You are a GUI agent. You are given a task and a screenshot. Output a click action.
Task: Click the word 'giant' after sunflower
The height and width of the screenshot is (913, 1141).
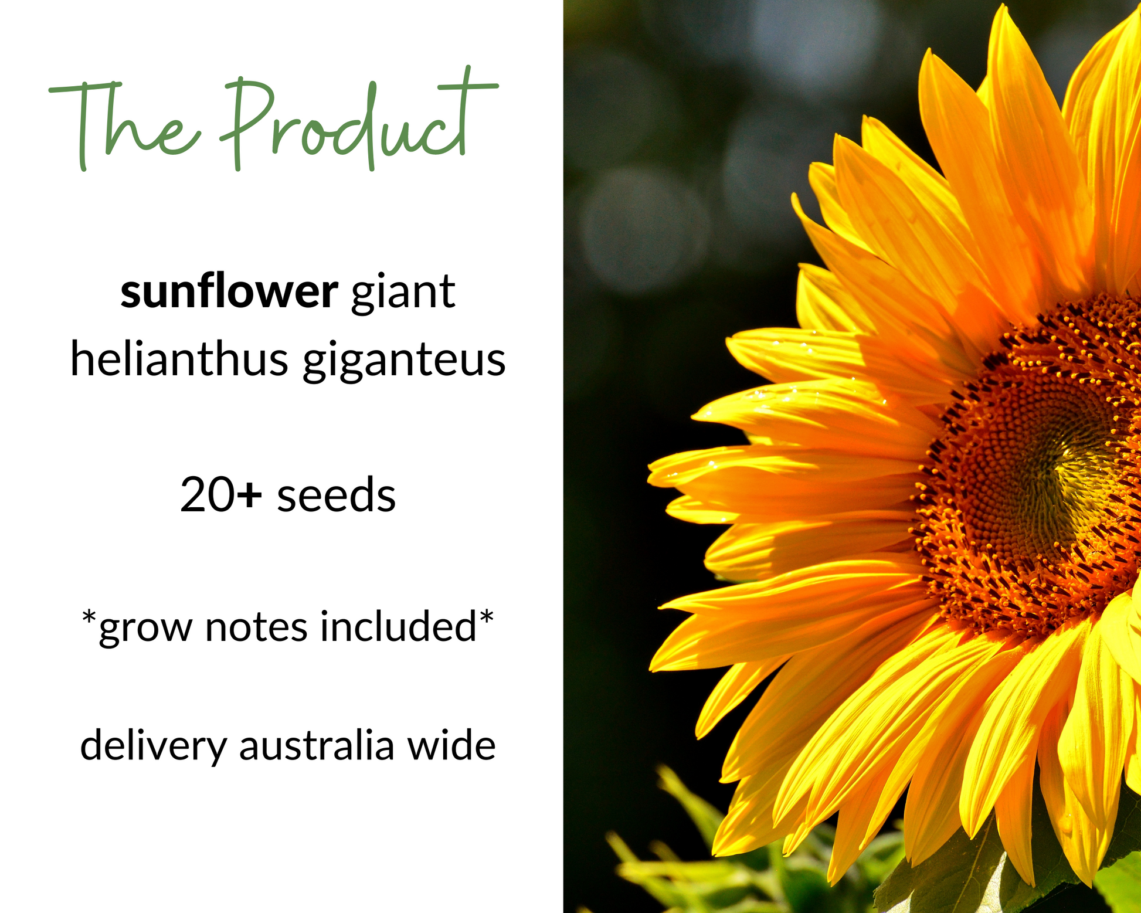(403, 294)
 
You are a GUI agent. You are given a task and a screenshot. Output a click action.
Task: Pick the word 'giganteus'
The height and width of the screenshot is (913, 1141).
(404, 361)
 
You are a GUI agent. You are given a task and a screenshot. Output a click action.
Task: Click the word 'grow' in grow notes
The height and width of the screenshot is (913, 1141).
(146, 629)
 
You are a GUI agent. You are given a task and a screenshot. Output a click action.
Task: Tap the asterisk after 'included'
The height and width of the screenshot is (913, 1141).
(487, 617)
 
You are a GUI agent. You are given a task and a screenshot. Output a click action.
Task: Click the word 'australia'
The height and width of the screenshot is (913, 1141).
(317, 745)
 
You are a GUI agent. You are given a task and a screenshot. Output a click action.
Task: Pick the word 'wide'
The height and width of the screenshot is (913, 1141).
(451, 745)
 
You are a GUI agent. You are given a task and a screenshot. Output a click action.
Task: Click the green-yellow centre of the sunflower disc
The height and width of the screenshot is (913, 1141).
(1079, 475)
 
